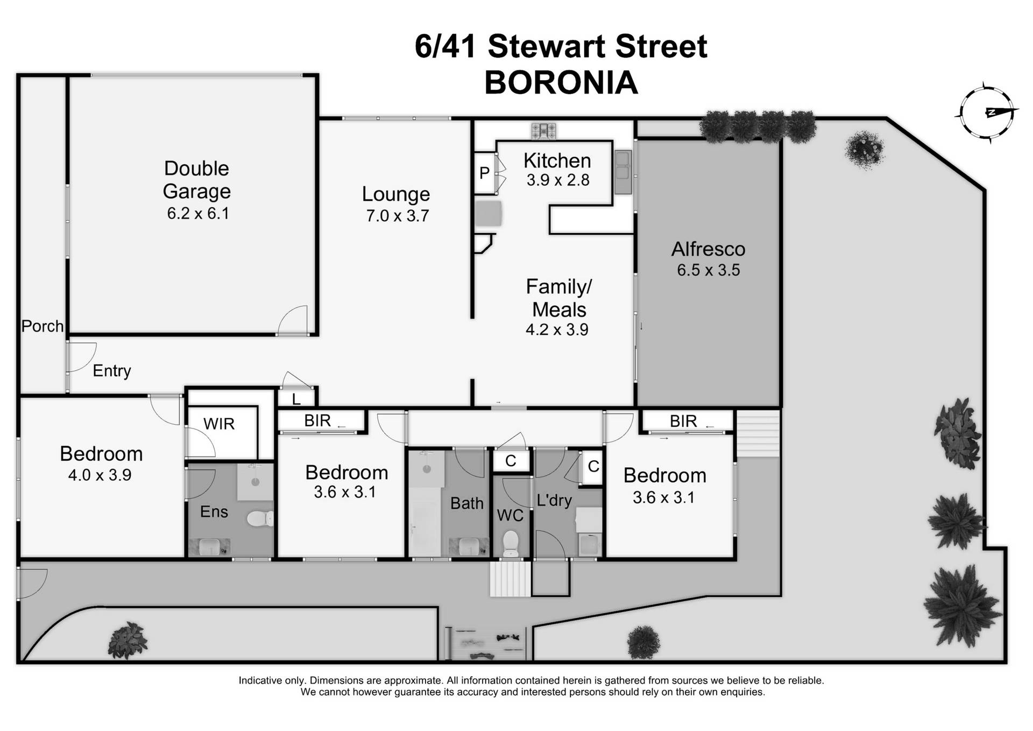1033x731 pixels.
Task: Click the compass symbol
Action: (x=986, y=113)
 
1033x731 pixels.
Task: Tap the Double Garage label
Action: (x=197, y=180)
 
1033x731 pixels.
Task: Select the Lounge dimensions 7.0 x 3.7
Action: (x=397, y=216)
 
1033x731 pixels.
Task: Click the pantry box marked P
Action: (x=484, y=173)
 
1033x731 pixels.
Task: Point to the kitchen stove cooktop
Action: (x=543, y=130)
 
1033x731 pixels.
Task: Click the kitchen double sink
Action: (x=623, y=172)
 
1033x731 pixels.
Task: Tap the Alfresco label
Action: (x=708, y=249)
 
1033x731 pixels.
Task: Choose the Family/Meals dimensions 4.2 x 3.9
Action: (x=557, y=329)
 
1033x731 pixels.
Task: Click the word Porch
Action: (x=42, y=326)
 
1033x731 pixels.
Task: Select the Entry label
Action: (x=112, y=370)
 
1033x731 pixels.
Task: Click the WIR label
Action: (x=219, y=424)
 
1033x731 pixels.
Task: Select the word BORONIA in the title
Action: (x=561, y=83)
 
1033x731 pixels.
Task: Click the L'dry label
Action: (x=554, y=500)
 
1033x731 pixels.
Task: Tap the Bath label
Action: (x=466, y=503)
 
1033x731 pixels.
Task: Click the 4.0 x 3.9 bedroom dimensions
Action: (x=100, y=475)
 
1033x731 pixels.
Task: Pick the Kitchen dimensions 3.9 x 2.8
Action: (x=558, y=180)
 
